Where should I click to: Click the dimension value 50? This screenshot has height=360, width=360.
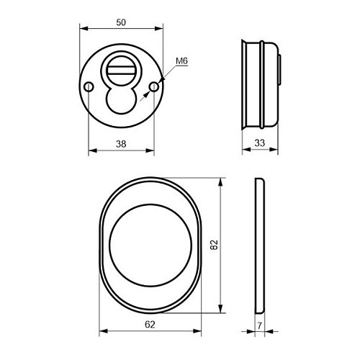tap(121, 22)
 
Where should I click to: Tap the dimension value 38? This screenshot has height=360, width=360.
tap(121, 144)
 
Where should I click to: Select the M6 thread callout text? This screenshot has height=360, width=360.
tap(181, 61)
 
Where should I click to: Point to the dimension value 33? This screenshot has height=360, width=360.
tap(260, 143)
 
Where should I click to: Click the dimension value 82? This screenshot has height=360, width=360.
tap(214, 245)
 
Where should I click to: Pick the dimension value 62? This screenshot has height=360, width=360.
tap(150, 325)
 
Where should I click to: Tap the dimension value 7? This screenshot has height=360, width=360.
tap(259, 326)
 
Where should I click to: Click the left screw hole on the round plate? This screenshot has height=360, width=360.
tap(89, 86)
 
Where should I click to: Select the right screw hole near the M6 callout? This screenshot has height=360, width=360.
tap(154, 86)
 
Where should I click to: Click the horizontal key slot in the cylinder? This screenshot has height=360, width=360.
tap(121, 71)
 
